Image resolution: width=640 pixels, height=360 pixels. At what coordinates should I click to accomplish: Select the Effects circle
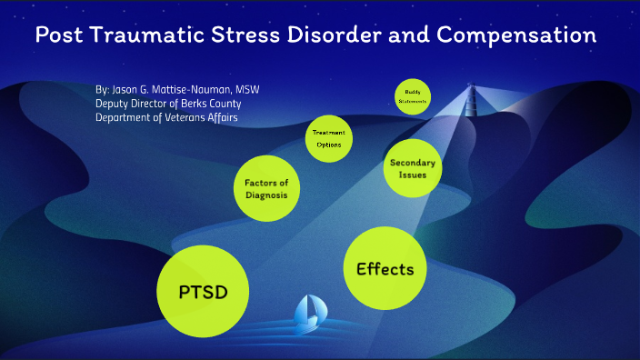[x=385, y=268]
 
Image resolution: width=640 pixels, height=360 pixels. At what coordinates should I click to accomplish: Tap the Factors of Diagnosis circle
[x=266, y=188]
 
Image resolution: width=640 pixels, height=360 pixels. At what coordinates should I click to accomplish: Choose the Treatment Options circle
[x=329, y=137]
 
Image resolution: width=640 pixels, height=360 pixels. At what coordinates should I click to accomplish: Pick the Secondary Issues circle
[x=413, y=168]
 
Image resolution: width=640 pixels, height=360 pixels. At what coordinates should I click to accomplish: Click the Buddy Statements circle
[x=412, y=96]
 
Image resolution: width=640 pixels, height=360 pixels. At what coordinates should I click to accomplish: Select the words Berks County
[x=213, y=104]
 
